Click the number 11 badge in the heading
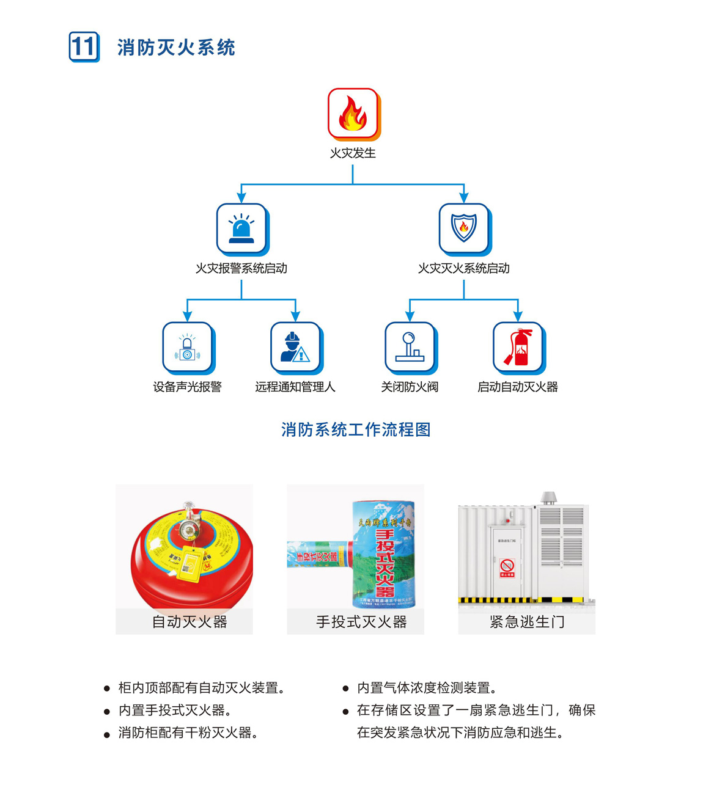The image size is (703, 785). pos(84,47)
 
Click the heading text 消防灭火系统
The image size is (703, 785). pos(176,48)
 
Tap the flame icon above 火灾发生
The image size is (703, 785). pos(353,114)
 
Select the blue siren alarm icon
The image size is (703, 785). pos(241,228)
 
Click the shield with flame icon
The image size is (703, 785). pos(464,228)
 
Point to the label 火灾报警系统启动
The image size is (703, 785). pos(241,268)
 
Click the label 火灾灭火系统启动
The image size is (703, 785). pos(464,268)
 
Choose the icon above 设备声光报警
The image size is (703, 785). pos(187,347)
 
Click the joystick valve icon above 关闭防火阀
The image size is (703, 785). pos(410,347)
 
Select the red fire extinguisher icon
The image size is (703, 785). pos(518,347)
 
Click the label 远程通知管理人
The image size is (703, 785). pos(295,387)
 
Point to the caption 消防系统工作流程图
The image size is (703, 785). pos(356,429)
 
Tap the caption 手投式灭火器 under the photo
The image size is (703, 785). pos(361,622)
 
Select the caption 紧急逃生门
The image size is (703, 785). pos(527,622)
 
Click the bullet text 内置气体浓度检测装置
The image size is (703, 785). pos(427,688)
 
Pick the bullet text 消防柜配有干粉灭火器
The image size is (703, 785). pos(188,732)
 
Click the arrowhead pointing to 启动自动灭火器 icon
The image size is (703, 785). pos(518,317)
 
